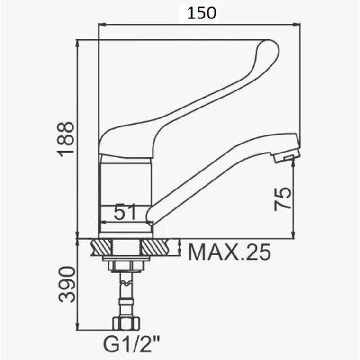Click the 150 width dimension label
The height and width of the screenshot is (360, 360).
tap(201, 13)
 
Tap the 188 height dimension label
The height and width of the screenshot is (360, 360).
tap(66, 139)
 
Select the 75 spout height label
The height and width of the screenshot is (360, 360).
tap(283, 199)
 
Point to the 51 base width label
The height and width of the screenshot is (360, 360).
tap(125, 212)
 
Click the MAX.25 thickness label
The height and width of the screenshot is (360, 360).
tap(229, 252)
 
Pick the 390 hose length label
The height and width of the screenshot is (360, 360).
tap(67, 284)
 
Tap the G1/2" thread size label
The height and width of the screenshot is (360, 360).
tap(131, 344)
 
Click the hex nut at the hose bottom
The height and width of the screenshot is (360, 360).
tap(126, 323)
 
